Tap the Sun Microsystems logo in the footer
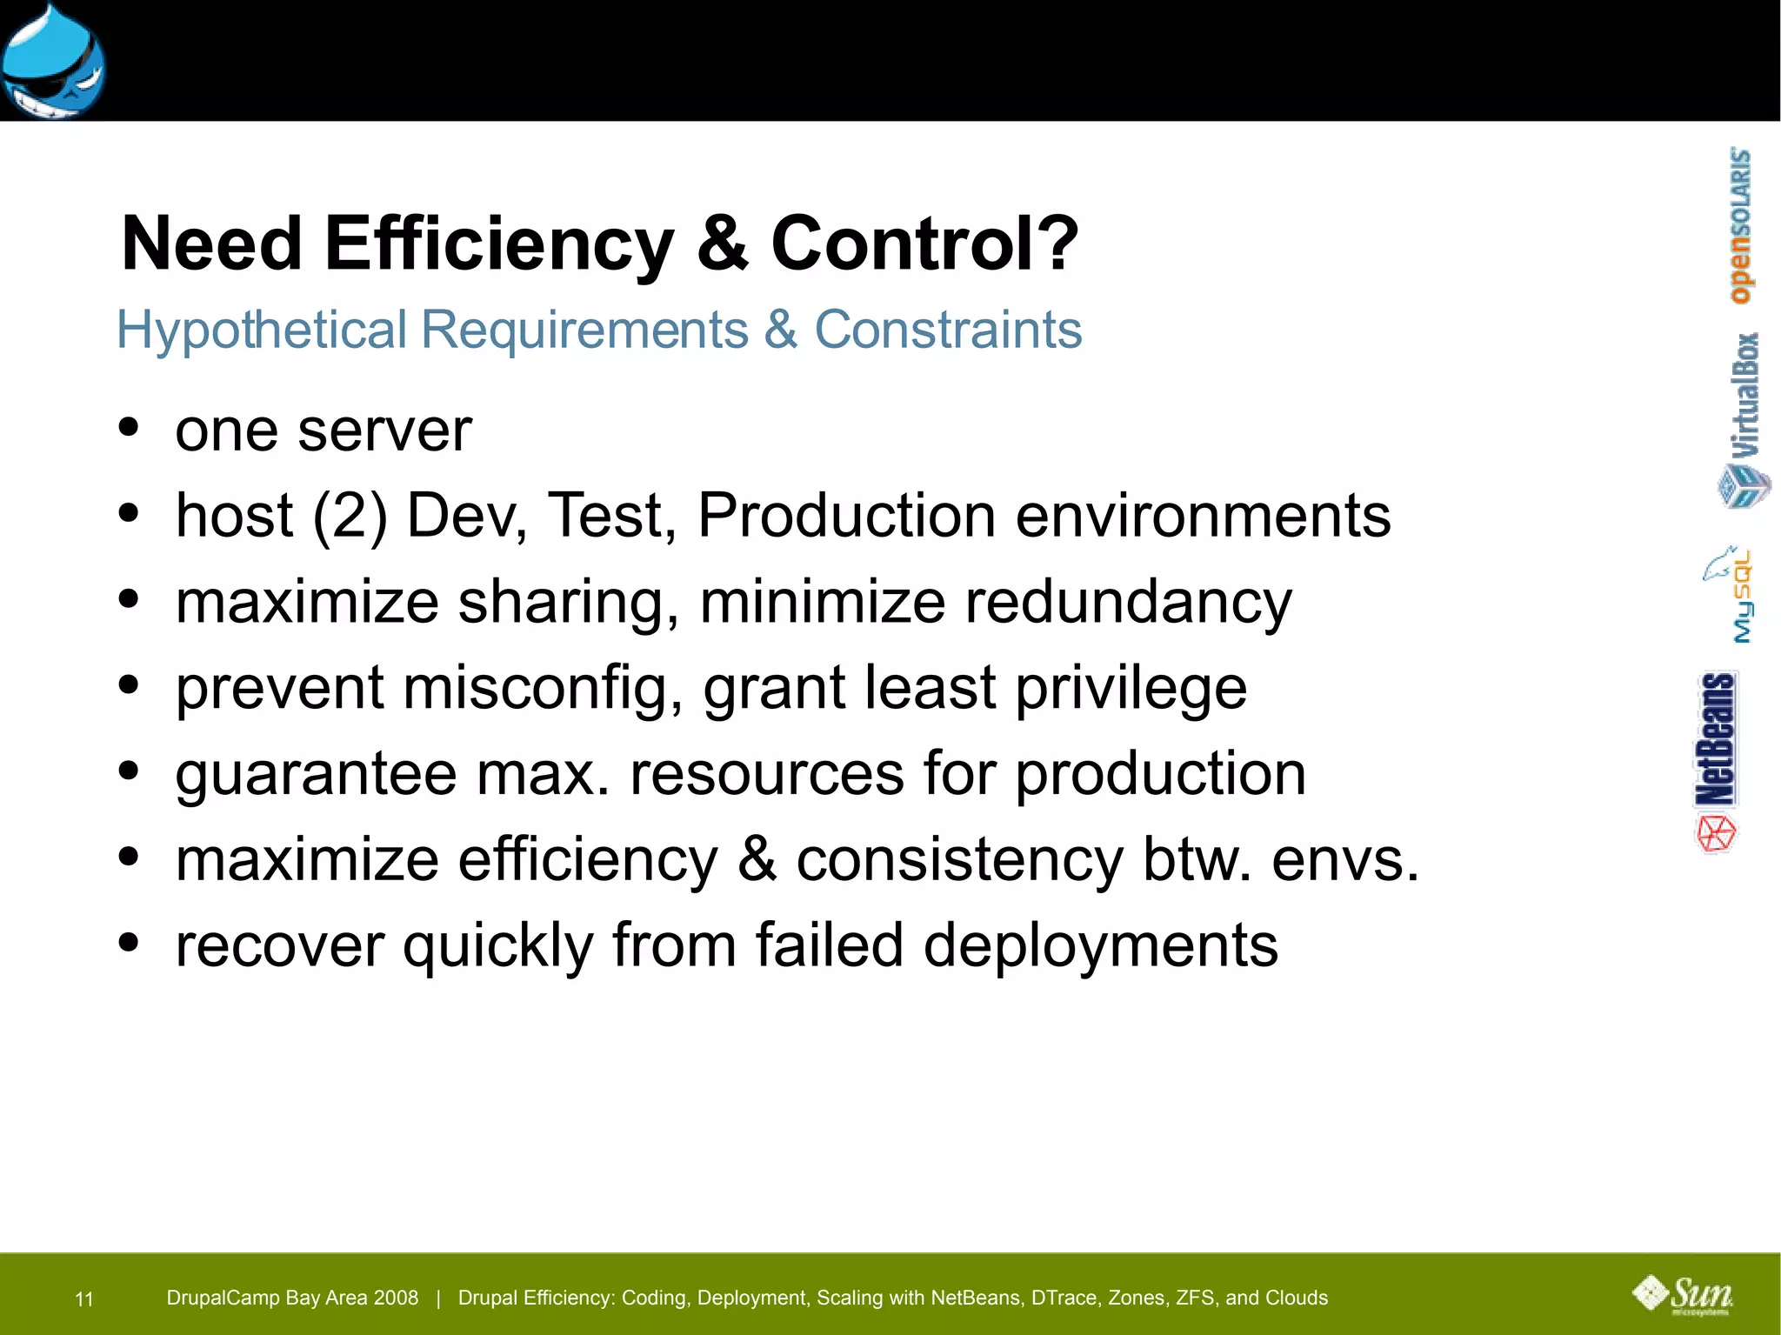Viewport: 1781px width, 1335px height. point(1683,1295)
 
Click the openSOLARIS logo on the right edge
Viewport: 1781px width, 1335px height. point(1740,225)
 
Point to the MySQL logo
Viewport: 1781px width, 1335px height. point(1731,595)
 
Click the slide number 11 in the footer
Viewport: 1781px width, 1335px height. point(84,1299)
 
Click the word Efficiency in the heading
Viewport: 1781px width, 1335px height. point(499,244)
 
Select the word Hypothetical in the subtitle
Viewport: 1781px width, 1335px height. point(262,330)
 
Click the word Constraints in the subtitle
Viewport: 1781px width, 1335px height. point(948,330)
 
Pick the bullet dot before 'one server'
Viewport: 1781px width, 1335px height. point(129,427)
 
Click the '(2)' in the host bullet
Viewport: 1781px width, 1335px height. point(350,516)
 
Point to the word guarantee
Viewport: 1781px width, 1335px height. point(316,774)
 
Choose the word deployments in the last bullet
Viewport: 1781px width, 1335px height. point(1100,945)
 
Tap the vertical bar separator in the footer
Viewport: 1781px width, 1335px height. point(438,1298)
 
